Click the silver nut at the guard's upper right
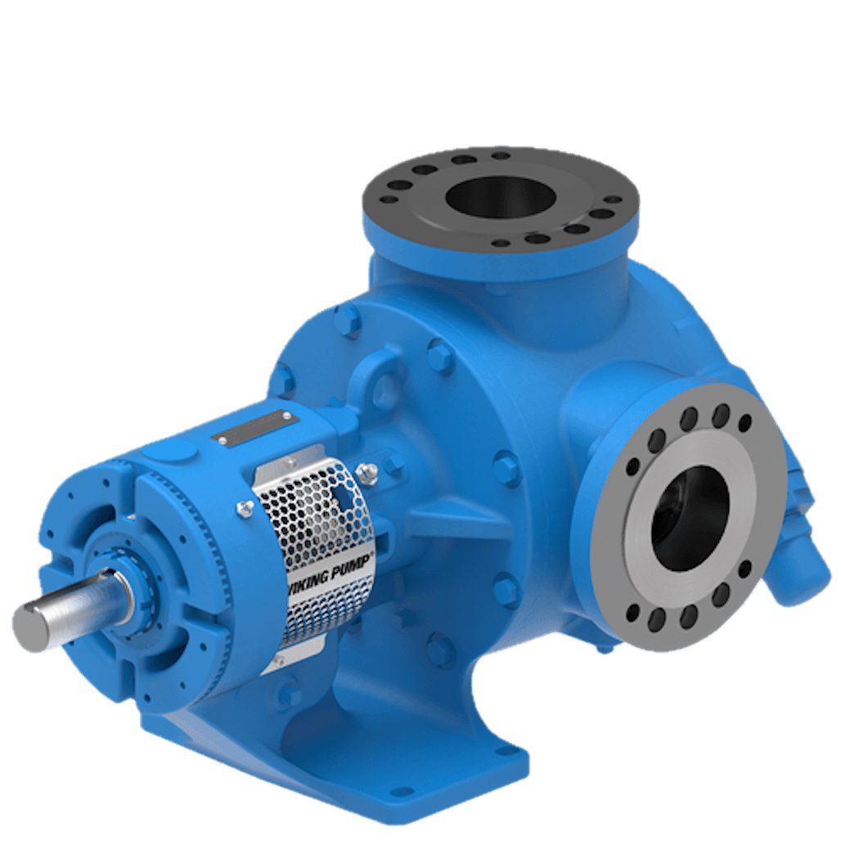[x=367, y=471]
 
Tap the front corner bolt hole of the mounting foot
[x=400, y=793]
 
